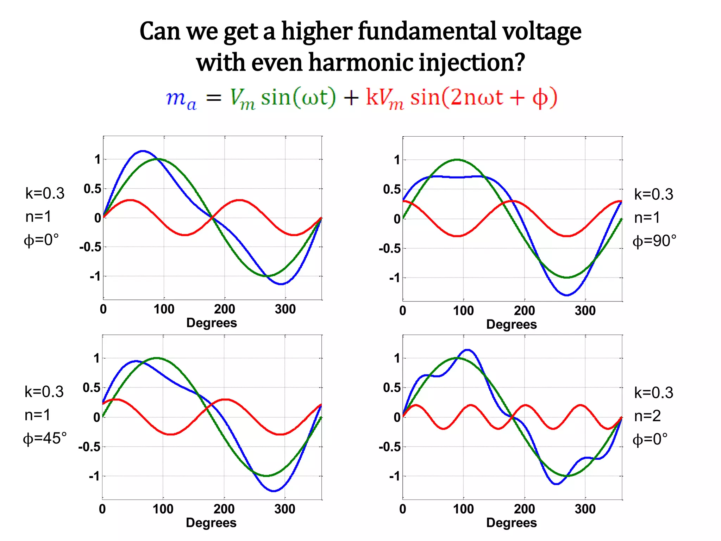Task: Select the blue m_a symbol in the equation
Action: click(x=181, y=99)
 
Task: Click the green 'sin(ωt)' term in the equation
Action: click(x=299, y=98)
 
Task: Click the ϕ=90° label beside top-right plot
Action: click(x=654, y=241)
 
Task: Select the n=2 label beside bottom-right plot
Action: click(x=647, y=416)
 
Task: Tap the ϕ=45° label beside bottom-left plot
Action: click(x=45, y=439)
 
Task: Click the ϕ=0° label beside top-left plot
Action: click(x=41, y=240)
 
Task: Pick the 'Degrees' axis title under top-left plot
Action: click(x=211, y=323)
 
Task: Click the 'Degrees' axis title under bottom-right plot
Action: click(x=511, y=523)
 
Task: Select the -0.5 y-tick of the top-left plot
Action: click(x=90, y=247)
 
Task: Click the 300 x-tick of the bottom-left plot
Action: click(x=284, y=509)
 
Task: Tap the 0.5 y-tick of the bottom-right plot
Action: click(x=392, y=388)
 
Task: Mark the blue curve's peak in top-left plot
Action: click(x=143, y=151)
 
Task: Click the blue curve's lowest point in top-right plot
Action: click(x=566, y=295)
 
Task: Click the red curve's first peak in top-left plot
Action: click(x=130, y=200)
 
